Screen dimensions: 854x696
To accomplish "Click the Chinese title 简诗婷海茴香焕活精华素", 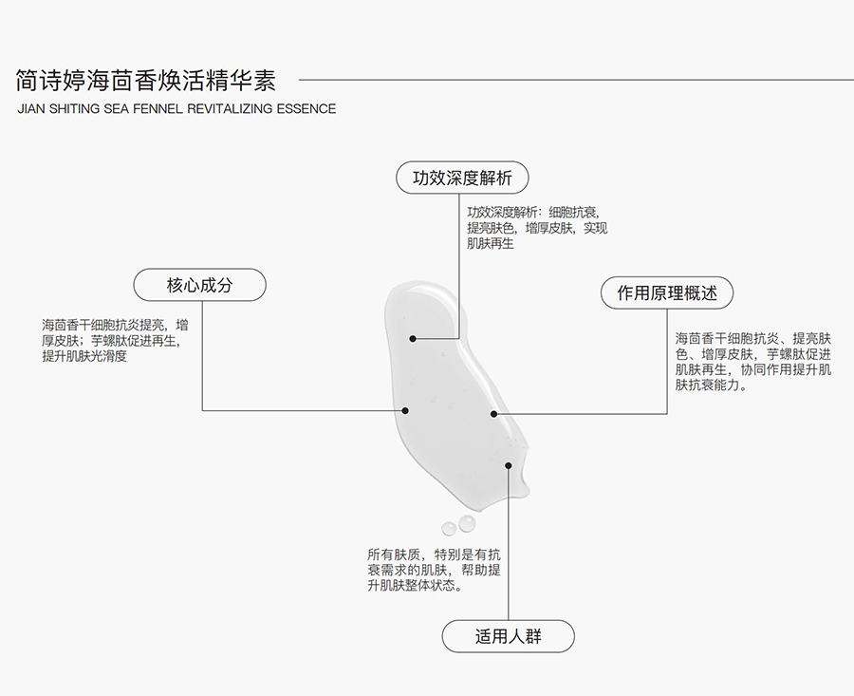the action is click(x=146, y=81).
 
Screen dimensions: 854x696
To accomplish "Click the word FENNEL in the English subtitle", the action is click(x=158, y=109).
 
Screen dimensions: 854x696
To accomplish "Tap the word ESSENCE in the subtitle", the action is click(x=306, y=109).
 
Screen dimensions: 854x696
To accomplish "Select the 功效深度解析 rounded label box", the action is click(x=462, y=178).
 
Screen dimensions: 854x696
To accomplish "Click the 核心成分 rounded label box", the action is click(x=200, y=285).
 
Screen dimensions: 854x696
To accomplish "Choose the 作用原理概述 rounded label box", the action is click(x=667, y=293).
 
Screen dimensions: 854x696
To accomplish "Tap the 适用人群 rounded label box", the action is click(x=509, y=636).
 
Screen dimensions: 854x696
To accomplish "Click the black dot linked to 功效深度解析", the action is click(x=413, y=338).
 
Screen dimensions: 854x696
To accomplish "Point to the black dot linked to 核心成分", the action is click(x=405, y=410).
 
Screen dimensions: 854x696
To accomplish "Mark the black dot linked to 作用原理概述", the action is click(x=494, y=414).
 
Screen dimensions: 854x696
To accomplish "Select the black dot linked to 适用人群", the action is click(x=509, y=465).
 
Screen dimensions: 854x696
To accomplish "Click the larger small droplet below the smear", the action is click(x=467, y=523).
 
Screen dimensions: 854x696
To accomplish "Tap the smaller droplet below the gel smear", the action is click(x=449, y=528).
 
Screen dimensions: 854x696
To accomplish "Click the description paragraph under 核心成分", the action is click(x=116, y=341).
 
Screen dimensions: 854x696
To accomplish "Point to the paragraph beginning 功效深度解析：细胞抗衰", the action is click(x=537, y=228).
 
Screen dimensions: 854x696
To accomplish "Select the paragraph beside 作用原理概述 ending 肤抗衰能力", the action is click(x=753, y=362).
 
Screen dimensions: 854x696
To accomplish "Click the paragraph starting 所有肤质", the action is click(x=434, y=570).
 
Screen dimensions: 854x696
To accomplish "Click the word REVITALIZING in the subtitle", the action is click(x=230, y=109).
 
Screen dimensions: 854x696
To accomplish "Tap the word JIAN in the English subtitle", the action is click(x=31, y=109).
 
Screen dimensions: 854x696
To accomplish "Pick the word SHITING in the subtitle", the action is click(x=75, y=109).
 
